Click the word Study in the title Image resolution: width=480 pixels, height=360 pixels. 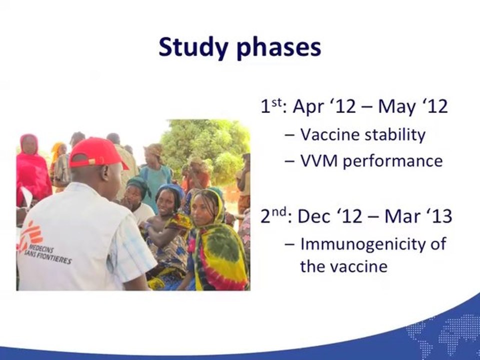193,48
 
